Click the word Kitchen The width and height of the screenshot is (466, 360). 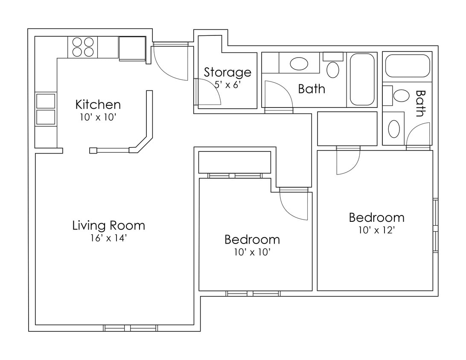click(98, 105)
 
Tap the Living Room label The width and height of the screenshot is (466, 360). click(108, 225)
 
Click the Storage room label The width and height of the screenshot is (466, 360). click(227, 72)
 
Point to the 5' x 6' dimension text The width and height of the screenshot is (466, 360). click(228, 84)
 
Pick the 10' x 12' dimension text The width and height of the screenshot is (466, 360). click(376, 231)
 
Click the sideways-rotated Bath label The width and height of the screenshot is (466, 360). click(420, 103)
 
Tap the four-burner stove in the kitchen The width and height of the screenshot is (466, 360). click(83, 47)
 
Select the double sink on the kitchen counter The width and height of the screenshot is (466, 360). click(45, 109)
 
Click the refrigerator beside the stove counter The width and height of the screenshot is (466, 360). click(132, 48)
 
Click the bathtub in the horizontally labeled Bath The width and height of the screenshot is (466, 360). click(362, 79)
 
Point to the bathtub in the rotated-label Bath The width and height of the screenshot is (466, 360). click(407, 66)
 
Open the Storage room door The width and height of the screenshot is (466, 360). click(208, 92)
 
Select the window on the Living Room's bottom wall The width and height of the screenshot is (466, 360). click(130, 328)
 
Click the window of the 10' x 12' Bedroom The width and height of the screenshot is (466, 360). click(435, 225)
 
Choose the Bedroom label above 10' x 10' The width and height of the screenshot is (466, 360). click(252, 239)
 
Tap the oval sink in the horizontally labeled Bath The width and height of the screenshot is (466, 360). click(299, 64)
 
